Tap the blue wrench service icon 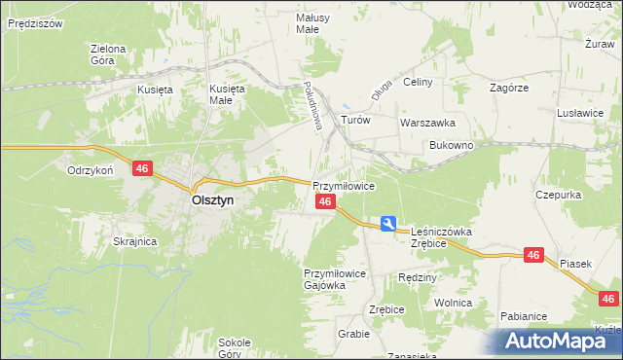[388, 224]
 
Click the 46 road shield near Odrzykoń [142, 169]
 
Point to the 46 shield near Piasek [532, 255]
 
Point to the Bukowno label [452, 145]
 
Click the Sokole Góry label [235, 347]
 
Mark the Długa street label [381, 90]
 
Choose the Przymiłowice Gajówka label [334, 280]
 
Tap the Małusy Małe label [313, 23]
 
